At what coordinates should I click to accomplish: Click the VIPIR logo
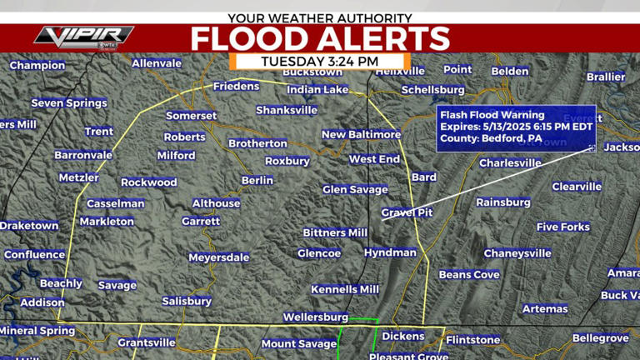click(x=83, y=36)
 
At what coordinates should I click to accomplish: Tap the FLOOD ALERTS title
click(x=320, y=38)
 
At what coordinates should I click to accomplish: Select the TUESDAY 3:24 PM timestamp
click(x=320, y=61)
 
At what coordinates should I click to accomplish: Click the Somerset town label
click(x=191, y=116)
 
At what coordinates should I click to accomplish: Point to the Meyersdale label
click(x=218, y=257)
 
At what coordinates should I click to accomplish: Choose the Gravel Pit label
click(x=407, y=212)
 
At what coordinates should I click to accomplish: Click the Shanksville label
click(x=287, y=110)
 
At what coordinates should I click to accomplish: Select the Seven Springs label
click(x=69, y=103)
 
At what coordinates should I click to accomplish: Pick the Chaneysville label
click(x=517, y=253)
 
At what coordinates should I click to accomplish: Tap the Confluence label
click(x=34, y=255)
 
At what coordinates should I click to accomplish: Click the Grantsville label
click(x=147, y=342)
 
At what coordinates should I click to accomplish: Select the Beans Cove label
click(x=469, y=275)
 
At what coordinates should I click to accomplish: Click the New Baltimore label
click(x=361, y=134)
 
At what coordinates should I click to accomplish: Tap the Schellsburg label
click(x=432, y=90)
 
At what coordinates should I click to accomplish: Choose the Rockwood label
click(x=149, y=182)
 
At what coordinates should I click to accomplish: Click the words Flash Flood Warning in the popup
click(x=492, y=115)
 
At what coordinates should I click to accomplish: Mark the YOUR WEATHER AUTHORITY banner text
click(x=320, y=17)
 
